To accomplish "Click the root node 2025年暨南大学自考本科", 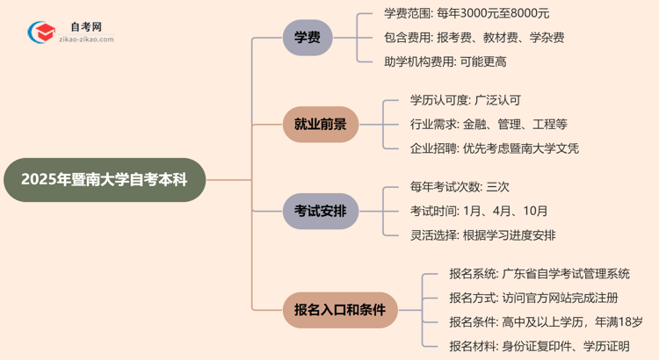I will pyautogui.click(x=103, y=180).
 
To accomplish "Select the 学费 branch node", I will pyautogui.click(x=308, y=38).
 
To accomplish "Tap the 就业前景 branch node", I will pyautogui.click(x=320, y=124).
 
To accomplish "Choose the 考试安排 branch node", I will pyautogui.click(x=320, y=211).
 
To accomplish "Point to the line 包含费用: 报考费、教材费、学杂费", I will pyautogui.click(x=474, y=38).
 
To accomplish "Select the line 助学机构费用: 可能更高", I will pyautogui.click(x=445, y=61).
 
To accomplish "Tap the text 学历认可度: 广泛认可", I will pyautogui.click(x=465, y=100).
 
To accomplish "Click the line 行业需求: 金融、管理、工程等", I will pyautogui.click(x=489, y=124).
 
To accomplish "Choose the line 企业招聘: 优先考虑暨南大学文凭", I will pyautogui.click(x=494, y=148).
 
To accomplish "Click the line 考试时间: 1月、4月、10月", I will pyautogui.click(x=479, y=211).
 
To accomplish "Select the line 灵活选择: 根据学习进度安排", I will pyautogui.click(x=482, y=235).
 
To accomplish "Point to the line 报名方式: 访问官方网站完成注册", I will pyautogui.click(x=532, y=298).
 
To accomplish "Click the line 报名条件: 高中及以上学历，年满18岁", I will pyautogui.click(x=545, y=321).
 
